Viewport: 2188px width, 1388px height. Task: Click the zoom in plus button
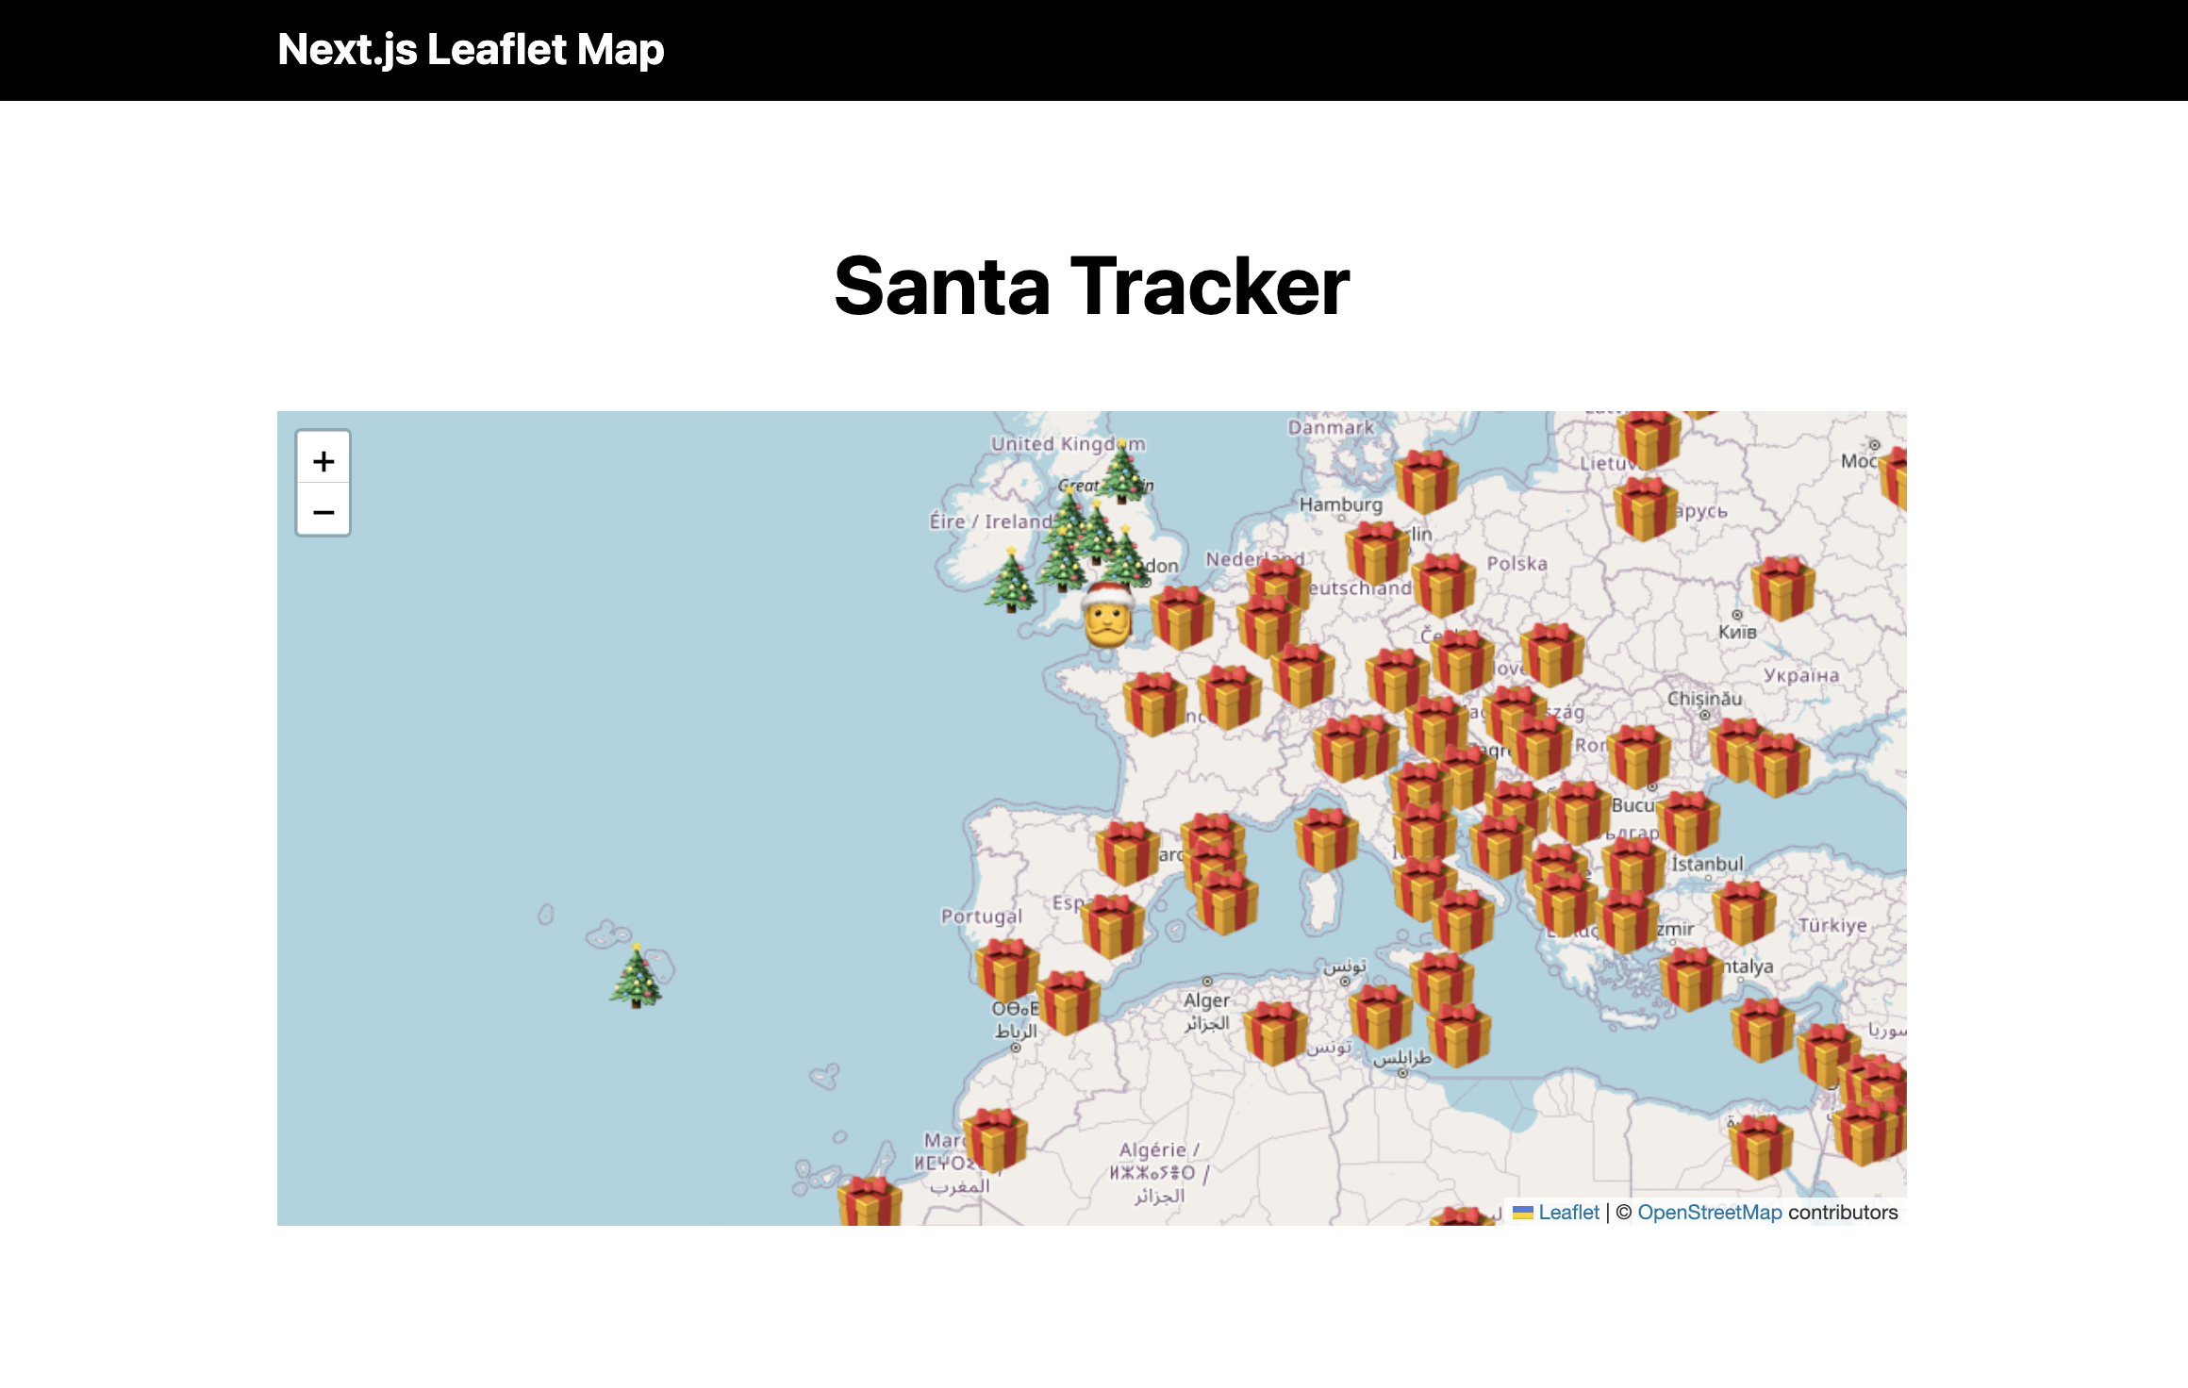(323, 461)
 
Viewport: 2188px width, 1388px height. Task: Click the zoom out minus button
(323, 512)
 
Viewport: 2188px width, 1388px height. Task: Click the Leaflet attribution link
(1568, 1213)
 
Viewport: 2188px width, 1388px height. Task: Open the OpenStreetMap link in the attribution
(1709, 1213)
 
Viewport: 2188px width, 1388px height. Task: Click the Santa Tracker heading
(1092, 286)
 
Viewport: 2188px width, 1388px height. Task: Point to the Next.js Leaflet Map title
(471, 50)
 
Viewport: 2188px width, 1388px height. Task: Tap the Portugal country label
(981, 916)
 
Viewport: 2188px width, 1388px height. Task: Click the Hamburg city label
(1340, 504)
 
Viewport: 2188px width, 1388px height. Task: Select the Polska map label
(1517, 563)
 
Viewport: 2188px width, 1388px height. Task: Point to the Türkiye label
(1832, 925)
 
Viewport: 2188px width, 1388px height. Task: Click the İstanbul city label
(1707, 864)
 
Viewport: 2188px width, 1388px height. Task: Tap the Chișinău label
(1704, 699)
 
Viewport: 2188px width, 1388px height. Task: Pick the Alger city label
(1206, 1000)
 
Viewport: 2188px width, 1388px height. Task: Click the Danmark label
(1331, 427)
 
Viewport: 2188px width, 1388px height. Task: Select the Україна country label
(1800, 675)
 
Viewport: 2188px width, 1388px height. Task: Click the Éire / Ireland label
(989, 521)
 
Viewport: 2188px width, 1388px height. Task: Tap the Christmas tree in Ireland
(1011, 583)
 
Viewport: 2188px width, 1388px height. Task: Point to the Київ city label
(1736, 632)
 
